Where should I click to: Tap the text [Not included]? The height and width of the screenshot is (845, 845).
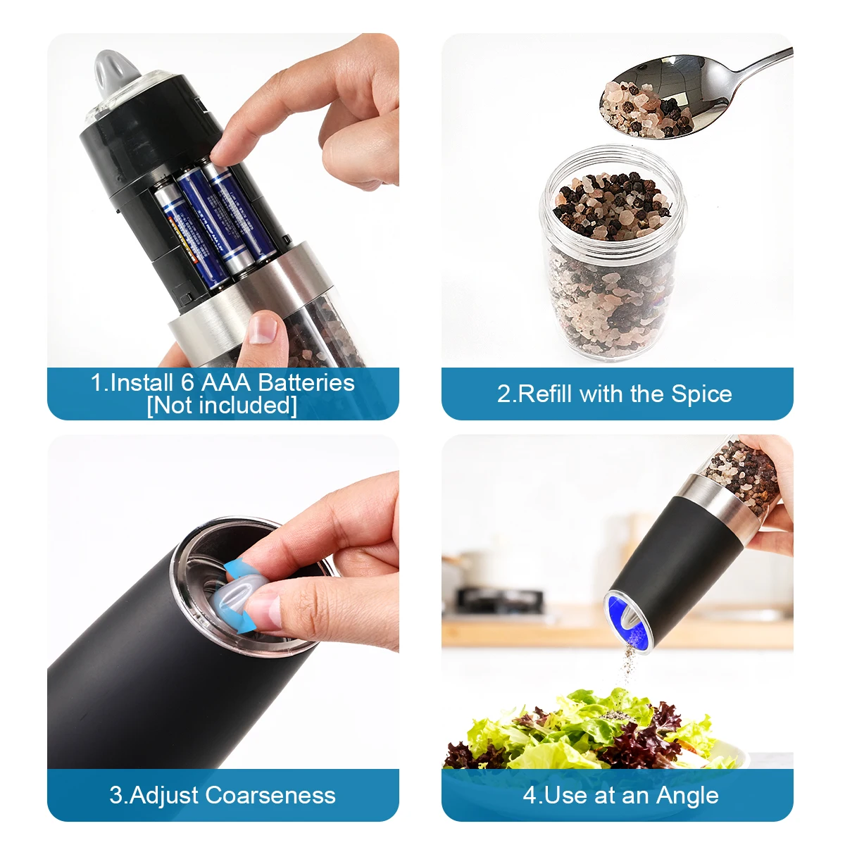point(222,406)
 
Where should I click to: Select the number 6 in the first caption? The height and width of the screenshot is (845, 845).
point(187,382)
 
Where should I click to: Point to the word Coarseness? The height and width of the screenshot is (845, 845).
point(271,795)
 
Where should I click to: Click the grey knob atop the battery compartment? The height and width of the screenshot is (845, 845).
point(114,72)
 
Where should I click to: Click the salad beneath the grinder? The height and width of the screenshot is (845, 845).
point(591,732)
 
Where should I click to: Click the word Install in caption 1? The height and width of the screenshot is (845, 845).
point(141,382)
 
